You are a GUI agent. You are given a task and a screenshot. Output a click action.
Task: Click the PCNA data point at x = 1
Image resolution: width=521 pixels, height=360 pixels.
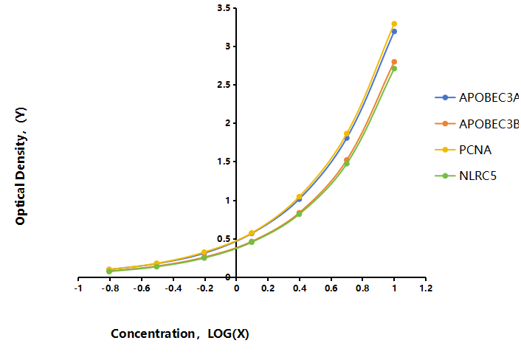point(394,24)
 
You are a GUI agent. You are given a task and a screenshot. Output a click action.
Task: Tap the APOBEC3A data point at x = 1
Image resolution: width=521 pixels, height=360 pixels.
point(394,32)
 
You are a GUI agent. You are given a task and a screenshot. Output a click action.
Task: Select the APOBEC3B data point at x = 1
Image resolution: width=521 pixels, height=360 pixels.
point(394,62)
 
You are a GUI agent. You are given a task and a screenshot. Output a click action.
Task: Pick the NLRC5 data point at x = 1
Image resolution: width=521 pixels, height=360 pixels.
point(394,69)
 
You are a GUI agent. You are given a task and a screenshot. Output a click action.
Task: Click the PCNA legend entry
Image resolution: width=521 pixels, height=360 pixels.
point(463,150)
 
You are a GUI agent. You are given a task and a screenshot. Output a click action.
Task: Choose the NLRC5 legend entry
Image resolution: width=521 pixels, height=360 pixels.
point(466,176)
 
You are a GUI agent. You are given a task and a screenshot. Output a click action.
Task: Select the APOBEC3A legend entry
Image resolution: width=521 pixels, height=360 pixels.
point(477,97)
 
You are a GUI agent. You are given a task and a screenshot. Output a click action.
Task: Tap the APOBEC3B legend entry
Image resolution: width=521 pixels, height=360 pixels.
point(477,124)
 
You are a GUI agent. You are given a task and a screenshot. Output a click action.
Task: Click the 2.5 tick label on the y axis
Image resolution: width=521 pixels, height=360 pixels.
point(224,85)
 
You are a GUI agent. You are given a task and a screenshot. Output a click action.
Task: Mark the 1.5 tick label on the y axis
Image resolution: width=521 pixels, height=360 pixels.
point(224,162)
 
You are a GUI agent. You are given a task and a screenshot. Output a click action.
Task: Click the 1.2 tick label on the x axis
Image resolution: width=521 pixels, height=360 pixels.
point(426,288)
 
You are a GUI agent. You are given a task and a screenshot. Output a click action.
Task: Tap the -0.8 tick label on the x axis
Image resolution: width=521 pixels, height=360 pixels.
point(110,288)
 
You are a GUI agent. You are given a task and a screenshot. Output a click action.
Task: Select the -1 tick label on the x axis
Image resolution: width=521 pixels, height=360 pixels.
point(78,288)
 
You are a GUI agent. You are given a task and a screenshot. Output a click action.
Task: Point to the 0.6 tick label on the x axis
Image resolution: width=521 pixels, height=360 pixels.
point(331,288)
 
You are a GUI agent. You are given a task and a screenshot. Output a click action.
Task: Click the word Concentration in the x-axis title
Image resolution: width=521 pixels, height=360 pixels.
point(153,333)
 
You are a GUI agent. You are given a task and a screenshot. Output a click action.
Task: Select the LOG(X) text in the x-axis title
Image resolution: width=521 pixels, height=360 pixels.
point(228,333)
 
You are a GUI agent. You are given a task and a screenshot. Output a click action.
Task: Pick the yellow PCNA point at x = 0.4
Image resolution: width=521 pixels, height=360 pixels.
point(299,197)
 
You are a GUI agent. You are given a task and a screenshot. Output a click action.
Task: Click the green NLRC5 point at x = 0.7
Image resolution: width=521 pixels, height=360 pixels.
point(347,163)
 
